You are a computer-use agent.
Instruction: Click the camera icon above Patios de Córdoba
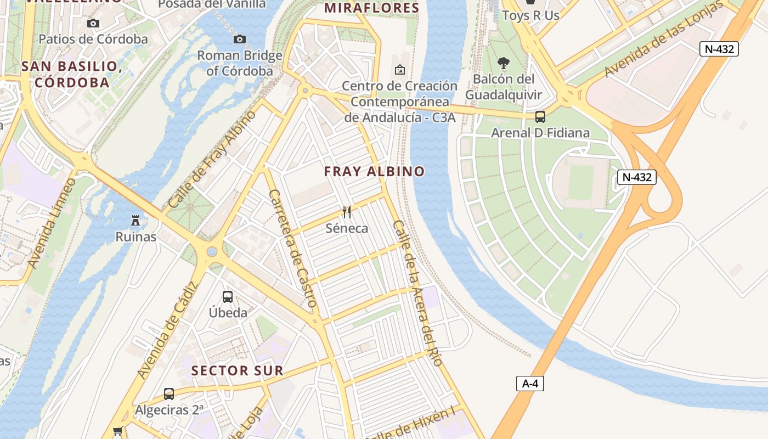pyautogui.click(x=93, y=23)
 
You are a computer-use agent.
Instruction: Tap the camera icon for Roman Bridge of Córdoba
pyautogui.click(x=240, y=39)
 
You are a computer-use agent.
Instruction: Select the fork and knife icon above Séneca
pyautogui.click(x=347, y=212)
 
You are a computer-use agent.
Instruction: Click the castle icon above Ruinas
pyautogui.click(x=135, y=221)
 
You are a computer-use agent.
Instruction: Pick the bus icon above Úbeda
pyautogui.click(x=228, y=297)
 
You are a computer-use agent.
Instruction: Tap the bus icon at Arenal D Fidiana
pyautogui.click(x=540, y=116)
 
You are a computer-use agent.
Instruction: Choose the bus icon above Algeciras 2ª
pyautogui.click(x=169, y=393)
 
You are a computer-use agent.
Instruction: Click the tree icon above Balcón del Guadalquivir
pyautogui.click(x=503, y=63)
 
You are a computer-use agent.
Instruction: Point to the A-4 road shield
pyautogui.click(x=530, y=384)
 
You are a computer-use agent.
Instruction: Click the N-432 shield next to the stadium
pyautogui.click(x=637, y=177)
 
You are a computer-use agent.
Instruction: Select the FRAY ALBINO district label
pyautogui.click(x=374, y=171)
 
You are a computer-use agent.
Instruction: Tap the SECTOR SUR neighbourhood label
pyautogui.click(x=237, y=370)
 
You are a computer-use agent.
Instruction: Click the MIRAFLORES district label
pyautogui.click(x=371, y=8)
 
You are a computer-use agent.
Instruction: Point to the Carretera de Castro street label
pyautogui.click(x=293, y=248)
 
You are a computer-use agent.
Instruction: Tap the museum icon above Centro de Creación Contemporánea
pyautogui.click(x=400, y=70)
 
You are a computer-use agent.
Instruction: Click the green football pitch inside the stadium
pyautogui.click(x=581, y=182)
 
